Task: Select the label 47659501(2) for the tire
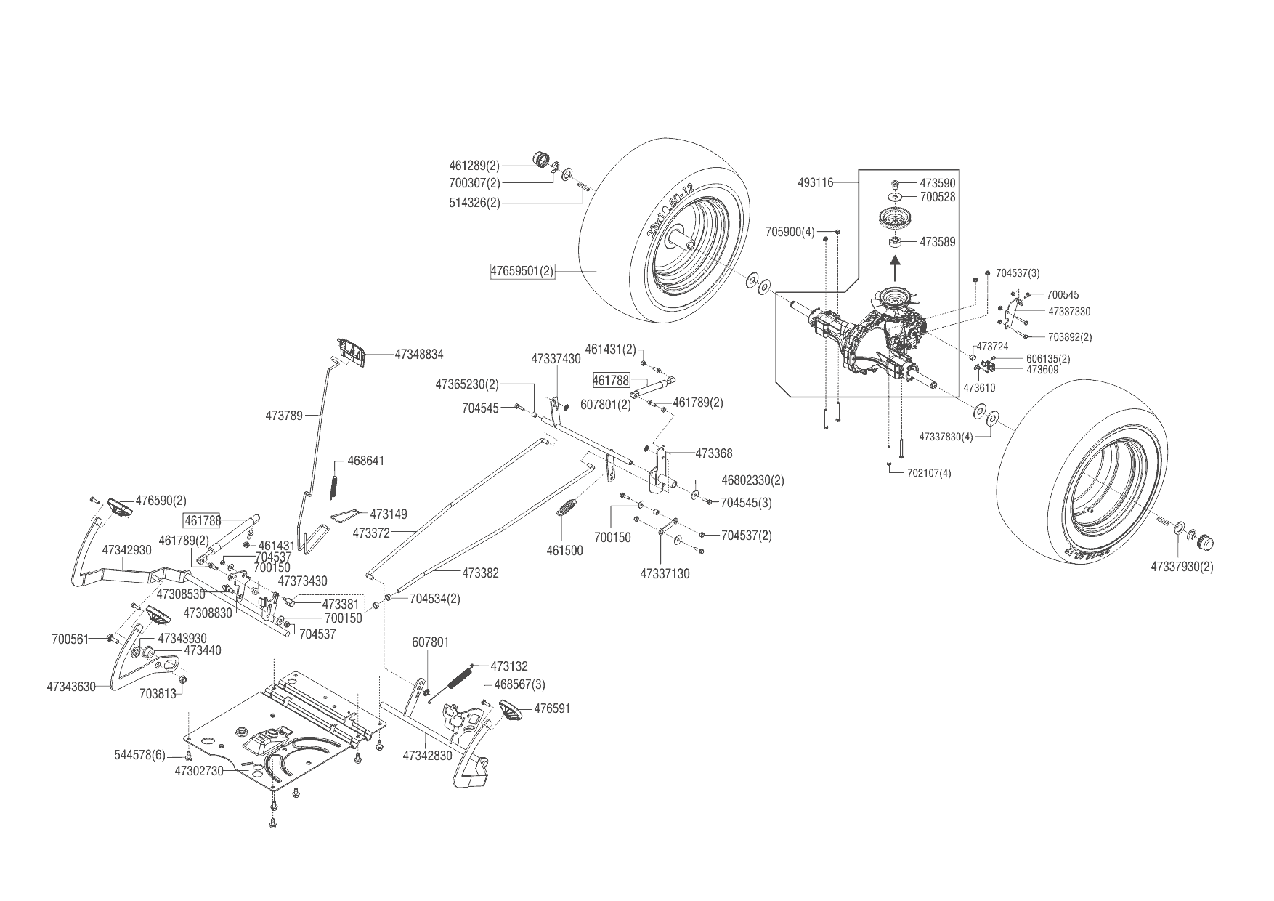pos(522,272)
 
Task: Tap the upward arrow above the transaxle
pos(895,270)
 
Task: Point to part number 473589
pos(938,242)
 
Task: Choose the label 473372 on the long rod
pos(371,533)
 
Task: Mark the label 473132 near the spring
pos(509,666)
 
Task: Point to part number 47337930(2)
pos(1182,566)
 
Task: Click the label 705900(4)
pos(790,232)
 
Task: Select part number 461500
pos(564,551)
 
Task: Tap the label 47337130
pos(665,573)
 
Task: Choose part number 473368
pos(714,453)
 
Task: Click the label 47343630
pos(71,686)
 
